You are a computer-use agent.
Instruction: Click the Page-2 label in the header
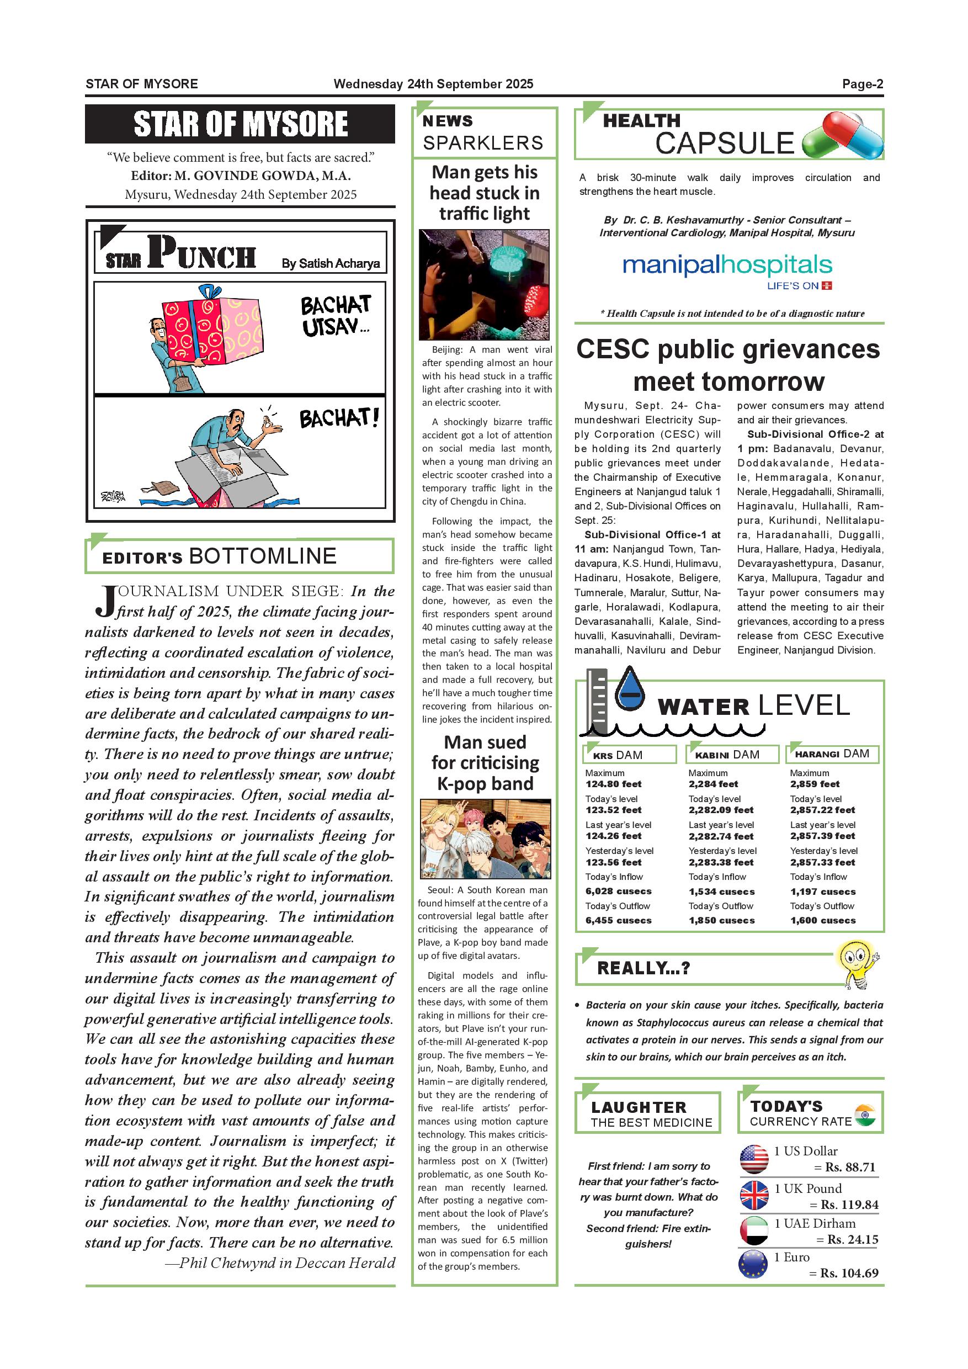(x=862, y=84)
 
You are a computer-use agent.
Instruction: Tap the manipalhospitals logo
(x=727, y=266)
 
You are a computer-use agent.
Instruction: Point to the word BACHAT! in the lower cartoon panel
(x=338, y=418)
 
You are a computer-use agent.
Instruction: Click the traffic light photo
(x=484, y=285)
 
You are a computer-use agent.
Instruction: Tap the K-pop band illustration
(x=485, y=839)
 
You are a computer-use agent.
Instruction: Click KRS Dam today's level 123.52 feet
(x=613, y=810)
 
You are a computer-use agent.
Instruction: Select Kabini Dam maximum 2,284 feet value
(x=713, y=784)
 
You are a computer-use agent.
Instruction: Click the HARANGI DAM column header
(x=832, y=754)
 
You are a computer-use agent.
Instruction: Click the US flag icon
(x=754, y=1159)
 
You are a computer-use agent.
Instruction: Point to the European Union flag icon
(x=753, y=1265)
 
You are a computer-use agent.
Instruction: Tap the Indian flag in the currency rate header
(x=864, y=1115)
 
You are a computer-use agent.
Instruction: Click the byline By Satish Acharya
(x=330, y=263)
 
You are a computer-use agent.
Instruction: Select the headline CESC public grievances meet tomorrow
(x=728, y=365)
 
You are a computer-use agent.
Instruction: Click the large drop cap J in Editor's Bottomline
(x=105, y=602)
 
